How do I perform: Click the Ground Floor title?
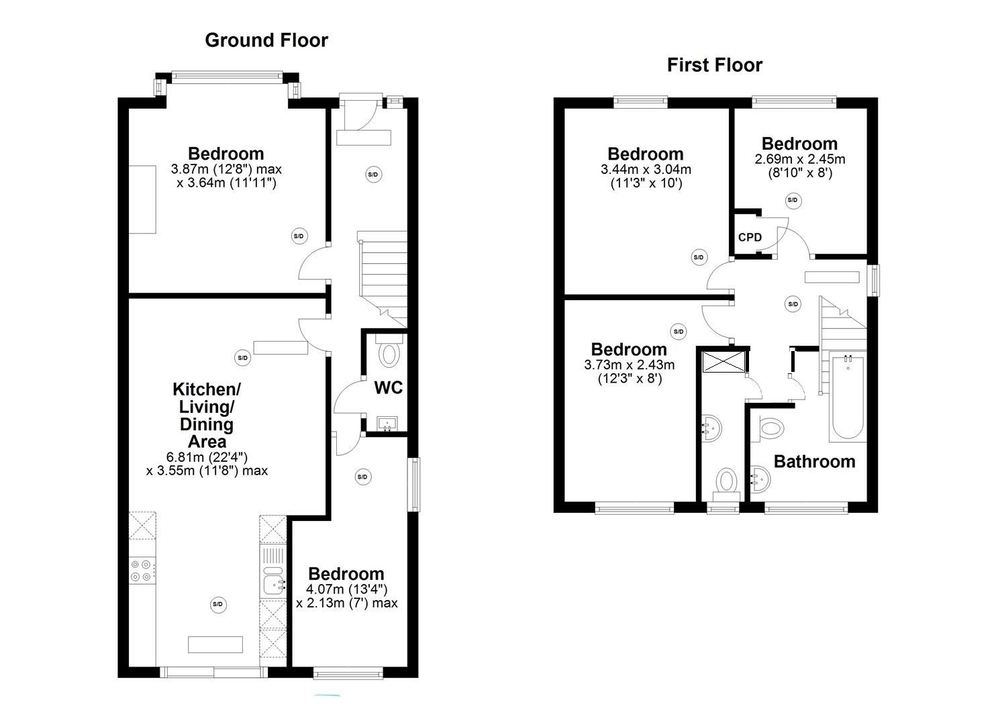(266, 40)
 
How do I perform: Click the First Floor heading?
(714, 65)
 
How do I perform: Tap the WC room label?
(388, 387)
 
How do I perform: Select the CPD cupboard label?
(750, 238)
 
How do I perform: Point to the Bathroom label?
(814, 462)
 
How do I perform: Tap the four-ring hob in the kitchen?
(141, 571)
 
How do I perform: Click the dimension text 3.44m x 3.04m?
(646, 170)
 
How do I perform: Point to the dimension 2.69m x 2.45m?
(800, 160)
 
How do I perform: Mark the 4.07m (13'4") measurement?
(346, 589)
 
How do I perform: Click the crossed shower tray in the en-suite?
(724, 360)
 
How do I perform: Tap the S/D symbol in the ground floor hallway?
(373, 175)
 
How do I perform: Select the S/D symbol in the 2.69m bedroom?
(793, 200)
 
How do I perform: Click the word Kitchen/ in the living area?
(206, 389)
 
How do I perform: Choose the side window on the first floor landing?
(873, 280)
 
